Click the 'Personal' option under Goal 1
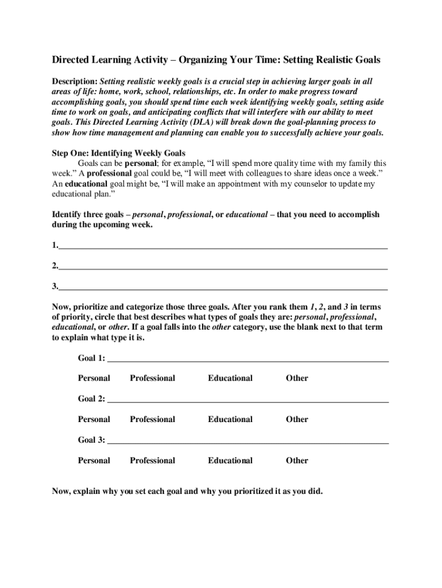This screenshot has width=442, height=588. pos(94,378)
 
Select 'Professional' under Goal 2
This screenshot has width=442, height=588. pos(152,419)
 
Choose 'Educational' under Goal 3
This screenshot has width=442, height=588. pos(230,461)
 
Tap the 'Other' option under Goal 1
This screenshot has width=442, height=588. pos(297,378)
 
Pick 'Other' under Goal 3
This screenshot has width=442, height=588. pos(297,461)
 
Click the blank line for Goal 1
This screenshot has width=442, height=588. pos(248,359)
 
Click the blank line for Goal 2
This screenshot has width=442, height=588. pos(248,401)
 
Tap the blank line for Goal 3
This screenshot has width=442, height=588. pos(248,442)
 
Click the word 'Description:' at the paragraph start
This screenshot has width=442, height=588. pos(75,82)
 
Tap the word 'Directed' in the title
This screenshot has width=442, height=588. pos(72,60)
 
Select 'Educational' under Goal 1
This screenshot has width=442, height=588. pos(230,378)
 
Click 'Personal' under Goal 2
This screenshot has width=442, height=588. pos(94,419)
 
